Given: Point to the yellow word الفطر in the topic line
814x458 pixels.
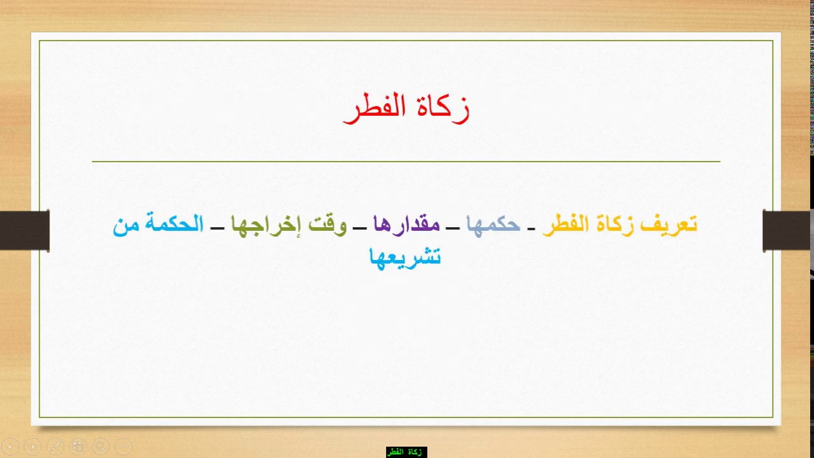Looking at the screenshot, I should (565, 225).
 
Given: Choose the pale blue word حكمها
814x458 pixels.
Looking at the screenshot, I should (493, 225).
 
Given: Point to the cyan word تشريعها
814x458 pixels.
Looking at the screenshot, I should (405, 257).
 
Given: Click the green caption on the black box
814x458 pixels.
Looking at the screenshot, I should (406, 452).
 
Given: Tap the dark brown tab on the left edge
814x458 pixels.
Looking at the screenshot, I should (25, 230).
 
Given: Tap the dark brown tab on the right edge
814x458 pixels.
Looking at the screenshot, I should (787, 230).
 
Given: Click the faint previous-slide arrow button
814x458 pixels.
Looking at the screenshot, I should (10, 447).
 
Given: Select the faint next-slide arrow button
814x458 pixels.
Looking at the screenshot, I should (32, 447).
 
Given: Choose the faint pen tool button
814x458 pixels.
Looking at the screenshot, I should (55, 447).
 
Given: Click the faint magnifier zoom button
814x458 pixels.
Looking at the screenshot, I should (100, 447).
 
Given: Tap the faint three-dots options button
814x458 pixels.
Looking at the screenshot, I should (123, 447).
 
